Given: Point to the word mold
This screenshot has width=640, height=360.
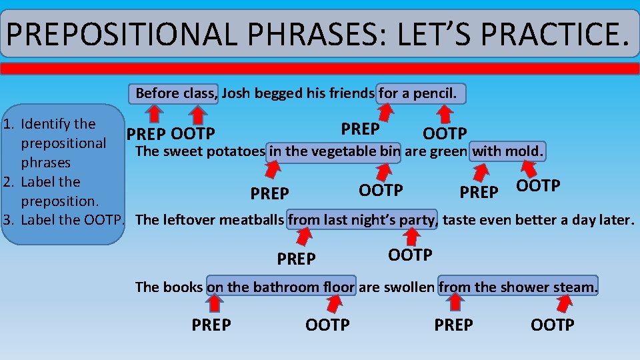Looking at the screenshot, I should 525,152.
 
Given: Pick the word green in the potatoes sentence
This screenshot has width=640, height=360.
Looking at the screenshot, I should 449,152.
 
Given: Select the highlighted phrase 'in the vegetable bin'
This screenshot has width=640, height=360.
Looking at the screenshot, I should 334,152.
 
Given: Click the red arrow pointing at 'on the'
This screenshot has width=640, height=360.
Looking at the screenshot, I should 214,303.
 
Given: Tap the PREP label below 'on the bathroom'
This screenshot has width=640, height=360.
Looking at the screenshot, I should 211,325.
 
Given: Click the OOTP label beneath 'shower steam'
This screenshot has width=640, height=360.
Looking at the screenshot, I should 552,325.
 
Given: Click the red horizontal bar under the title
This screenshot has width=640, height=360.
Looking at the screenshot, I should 320,69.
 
